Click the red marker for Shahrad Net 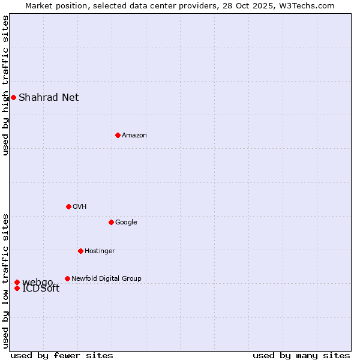point(13,97)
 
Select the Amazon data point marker point(118,135)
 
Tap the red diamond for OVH point(68,206)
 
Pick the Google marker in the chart point(111,222)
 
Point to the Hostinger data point point(80,251)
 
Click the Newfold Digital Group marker point(67,278)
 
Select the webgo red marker point(17,282)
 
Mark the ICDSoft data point point(17,288)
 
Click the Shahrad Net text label point(49,97)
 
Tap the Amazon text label point(134,135)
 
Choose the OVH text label point(80,206)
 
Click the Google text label point(126,222)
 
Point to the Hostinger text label point(100,251)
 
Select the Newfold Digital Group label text point(106,278)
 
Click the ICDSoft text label point(41,289)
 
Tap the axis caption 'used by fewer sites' point(62,355)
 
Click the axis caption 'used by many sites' point(301,355)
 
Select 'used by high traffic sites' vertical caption point(5,85)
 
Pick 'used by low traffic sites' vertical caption point(5,280)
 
